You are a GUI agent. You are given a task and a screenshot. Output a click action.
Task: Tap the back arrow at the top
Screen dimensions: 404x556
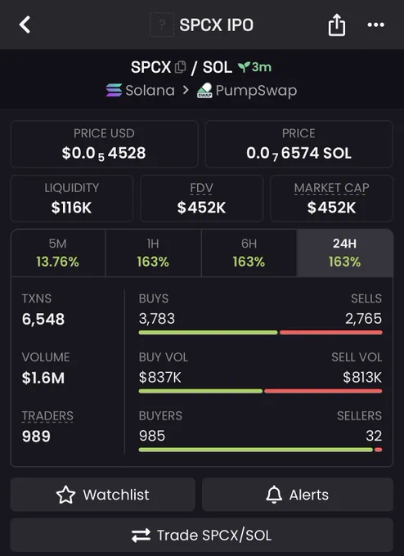click(x=25, y=25)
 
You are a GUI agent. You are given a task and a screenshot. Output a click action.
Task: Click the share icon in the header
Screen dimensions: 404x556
click(x=337, y=25)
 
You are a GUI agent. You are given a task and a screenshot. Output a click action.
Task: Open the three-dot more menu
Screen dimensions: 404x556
click(x=375, y=25)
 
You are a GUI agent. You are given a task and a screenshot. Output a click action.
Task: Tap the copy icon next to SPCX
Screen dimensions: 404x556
click(x=181, y=67)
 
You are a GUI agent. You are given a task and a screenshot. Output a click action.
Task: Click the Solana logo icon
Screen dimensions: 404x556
click(x=114, y=90)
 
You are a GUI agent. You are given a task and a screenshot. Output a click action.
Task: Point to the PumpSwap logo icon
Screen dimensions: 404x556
click(x=204, y=91)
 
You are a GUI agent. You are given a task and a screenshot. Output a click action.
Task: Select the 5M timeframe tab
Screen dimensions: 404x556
click(x=58, y=253)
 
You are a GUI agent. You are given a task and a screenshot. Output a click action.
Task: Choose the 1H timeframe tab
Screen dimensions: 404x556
click(x=153, y=253)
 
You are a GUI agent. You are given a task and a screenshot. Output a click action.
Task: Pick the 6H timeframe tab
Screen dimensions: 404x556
click(x=249, y=253)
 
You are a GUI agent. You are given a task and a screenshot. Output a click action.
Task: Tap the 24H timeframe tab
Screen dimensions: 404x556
click(x=345, y=253)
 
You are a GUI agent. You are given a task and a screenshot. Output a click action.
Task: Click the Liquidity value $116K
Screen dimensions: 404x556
click(x=71, y=208)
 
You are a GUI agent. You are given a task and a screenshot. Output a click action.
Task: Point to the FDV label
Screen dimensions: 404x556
click(x=201, y=187)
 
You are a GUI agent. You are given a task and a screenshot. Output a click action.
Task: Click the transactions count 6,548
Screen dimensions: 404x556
click(x=43, y=319)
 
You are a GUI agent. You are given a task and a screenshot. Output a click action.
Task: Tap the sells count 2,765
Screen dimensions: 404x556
click(x=364, y=318)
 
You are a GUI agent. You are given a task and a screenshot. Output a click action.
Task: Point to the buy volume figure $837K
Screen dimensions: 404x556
click(x=160, y=377)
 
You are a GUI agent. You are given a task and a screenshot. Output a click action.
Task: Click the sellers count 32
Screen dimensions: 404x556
click(x=374, y=436)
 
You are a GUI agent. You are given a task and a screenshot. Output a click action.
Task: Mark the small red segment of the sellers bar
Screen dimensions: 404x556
click(x=379, y=450)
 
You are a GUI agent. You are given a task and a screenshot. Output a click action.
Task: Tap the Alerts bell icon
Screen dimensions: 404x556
click(x=274, y=495)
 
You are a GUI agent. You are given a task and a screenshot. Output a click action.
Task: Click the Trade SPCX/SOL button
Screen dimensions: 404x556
click(x=202, y=535)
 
